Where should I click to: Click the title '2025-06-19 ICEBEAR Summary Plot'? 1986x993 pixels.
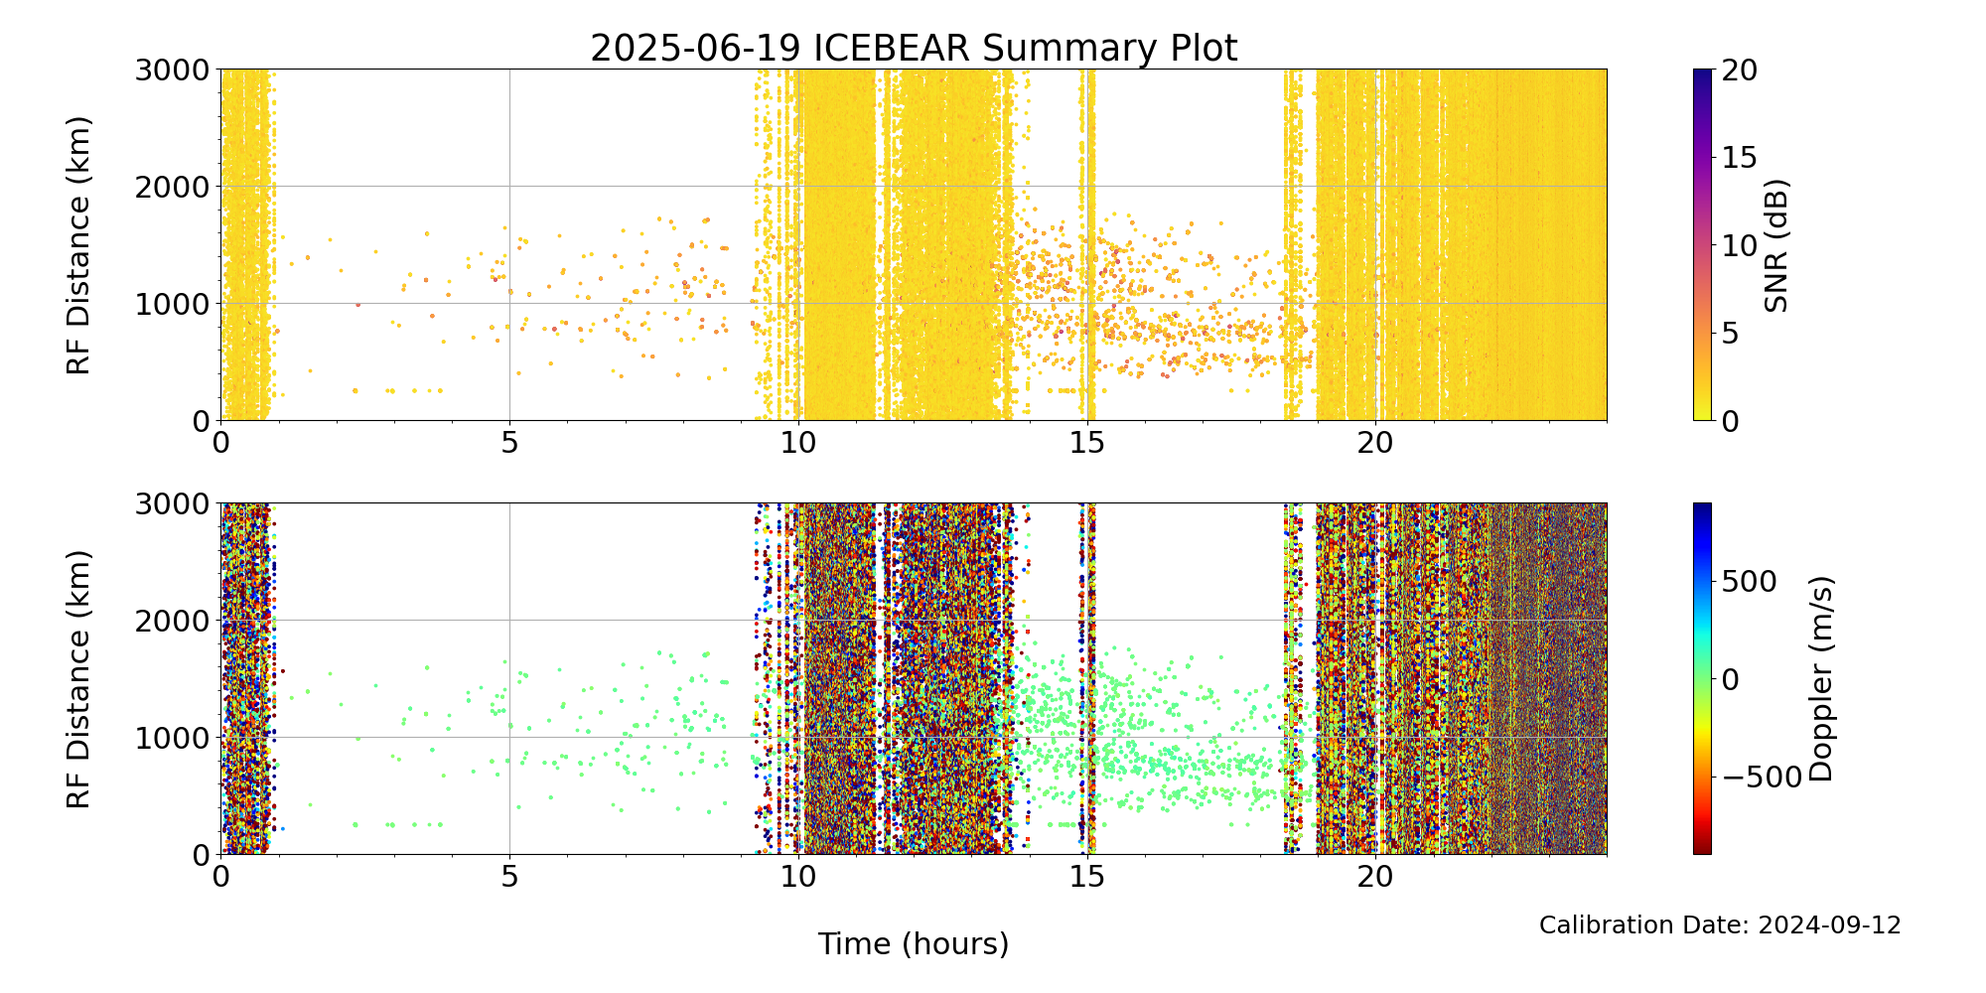(x=914, y=49)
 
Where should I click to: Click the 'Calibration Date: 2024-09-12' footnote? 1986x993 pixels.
(x=1720, y=925)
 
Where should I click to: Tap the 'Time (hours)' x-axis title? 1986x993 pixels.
(x=914, y=944)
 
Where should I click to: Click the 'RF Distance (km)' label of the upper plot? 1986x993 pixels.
(x=78, y=245)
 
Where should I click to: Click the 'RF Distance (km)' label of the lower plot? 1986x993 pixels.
(x=78, y=679)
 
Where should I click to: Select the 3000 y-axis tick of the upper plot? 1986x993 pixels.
(x=172, y=71)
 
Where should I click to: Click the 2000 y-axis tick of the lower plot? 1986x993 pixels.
(x=172, y=621)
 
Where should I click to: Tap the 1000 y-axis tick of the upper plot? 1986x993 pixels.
(x=172, y=304)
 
